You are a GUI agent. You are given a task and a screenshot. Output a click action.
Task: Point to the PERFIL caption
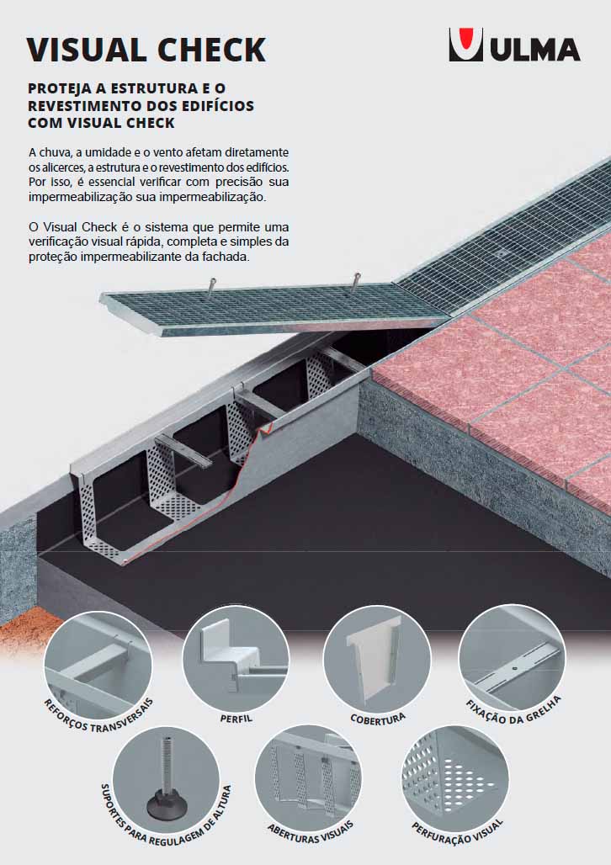point(236,719)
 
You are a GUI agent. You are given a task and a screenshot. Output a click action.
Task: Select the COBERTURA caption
point(378,719)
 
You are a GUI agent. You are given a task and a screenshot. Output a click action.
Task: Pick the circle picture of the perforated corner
point(454,777)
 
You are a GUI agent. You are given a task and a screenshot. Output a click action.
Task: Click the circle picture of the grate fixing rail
point(511,657)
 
